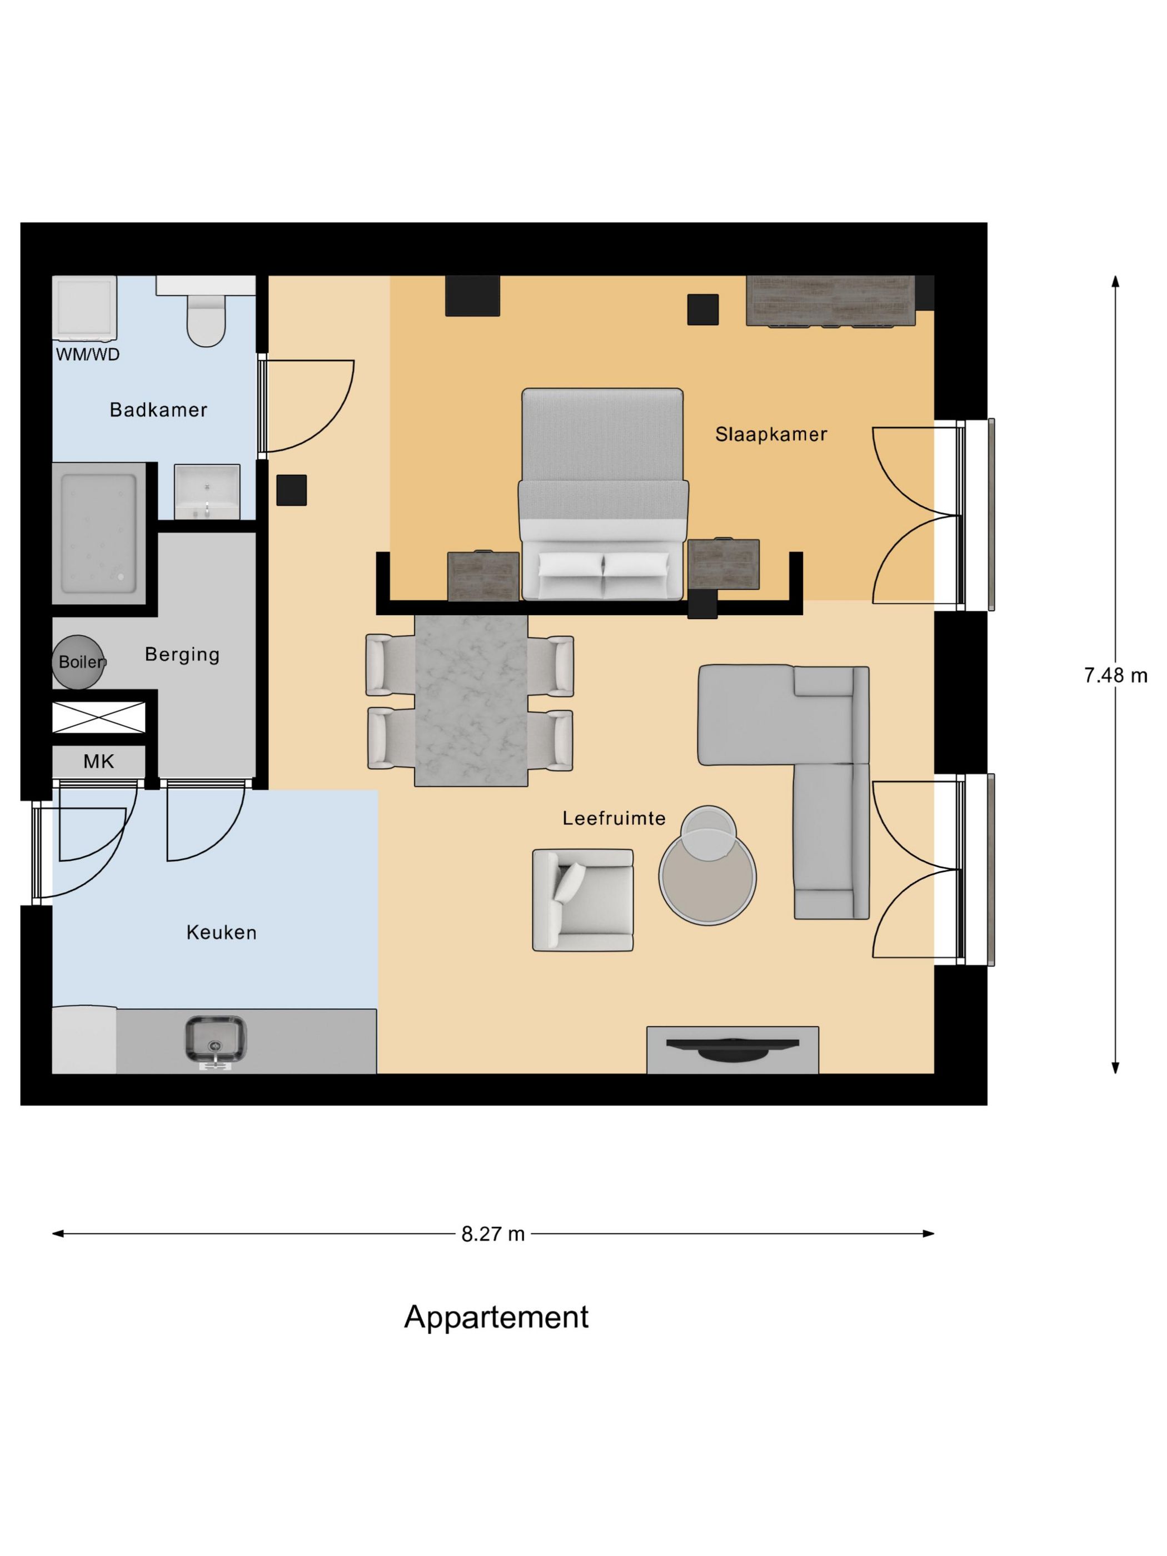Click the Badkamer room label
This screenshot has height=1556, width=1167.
[158, 410]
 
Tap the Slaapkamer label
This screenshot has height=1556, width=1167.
[771, 434]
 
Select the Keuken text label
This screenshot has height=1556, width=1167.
[221, 932]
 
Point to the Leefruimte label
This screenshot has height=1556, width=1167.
[614, 818]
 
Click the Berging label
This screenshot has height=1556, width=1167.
[182, 654]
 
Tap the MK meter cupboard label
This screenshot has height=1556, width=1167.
[98, 761]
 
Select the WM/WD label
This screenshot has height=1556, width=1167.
[88, 355]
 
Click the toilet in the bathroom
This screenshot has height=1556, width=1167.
[206, 320]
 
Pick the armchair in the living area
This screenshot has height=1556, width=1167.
[582, 900]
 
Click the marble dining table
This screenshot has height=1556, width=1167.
[471, 700]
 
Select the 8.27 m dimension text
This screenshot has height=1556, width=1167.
[492, 1234]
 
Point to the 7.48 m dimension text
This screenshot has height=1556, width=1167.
[1115, 675]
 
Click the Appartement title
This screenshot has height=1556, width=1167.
[496, 1317]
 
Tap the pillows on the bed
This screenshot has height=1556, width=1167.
[604, 565]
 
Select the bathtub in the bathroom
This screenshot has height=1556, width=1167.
[99, 532]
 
